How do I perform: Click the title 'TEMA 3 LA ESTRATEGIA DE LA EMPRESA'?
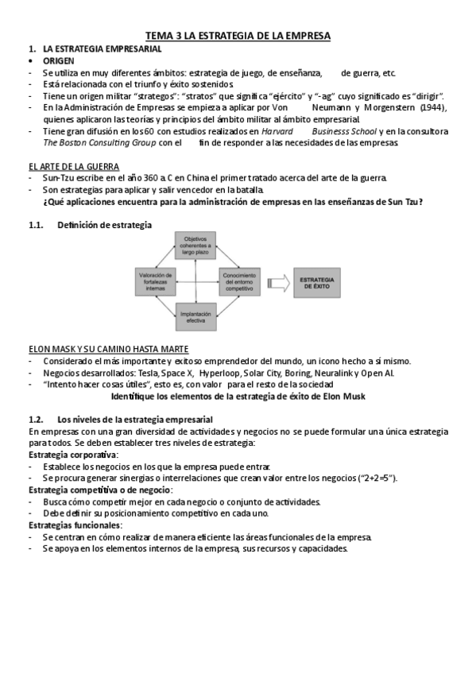[x=238, y=36]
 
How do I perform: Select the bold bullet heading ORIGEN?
[x=60, y=60]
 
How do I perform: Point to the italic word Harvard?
[x=276, y=131]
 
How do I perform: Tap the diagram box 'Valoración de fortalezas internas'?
[x=156, y=282]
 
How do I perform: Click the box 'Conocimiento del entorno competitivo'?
[x=239, y=282]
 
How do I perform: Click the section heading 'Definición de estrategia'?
[x=104, y=225]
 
